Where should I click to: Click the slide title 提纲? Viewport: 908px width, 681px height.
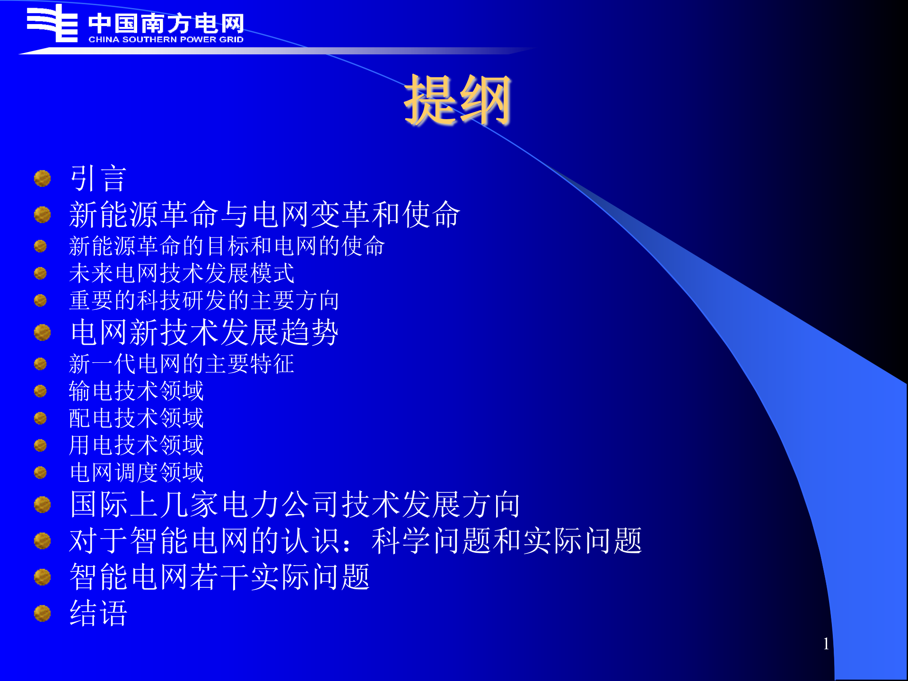(x=457, y=100)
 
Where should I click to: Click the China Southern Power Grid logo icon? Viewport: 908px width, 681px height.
(x=52, y=24)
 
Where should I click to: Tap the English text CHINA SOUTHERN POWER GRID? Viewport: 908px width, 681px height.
(x=166, y=39)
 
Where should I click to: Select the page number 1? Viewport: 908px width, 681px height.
(x=826, y=644)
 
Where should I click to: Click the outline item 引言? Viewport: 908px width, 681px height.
(x=98, y=179)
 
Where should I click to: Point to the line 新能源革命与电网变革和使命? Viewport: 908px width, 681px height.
(x=264, y=214)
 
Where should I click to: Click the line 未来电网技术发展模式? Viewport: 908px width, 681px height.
(x=182, y=273)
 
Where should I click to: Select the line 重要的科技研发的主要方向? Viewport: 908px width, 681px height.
(x=204, y=301)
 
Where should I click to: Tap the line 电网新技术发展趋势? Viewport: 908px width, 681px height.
(x=204, y=332)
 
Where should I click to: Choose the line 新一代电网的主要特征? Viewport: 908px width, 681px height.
(x=182, y=364)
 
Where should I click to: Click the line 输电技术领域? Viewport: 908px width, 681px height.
(x=136, y=391)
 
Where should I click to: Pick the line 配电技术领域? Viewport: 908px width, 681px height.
(x=136, y=418)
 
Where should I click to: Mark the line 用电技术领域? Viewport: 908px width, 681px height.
(x=136, y=445)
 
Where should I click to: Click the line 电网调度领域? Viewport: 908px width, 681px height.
(x=136, y=472)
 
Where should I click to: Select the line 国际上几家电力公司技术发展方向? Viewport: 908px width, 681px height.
(x=295, y=504)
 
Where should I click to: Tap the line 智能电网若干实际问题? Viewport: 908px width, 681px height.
(x=219, y=577)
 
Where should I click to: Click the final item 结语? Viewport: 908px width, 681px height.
(x=98, y=613)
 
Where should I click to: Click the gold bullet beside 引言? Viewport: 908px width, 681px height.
(x=43, y=179)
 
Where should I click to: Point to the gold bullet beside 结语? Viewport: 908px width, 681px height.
(x=43, y=613)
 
